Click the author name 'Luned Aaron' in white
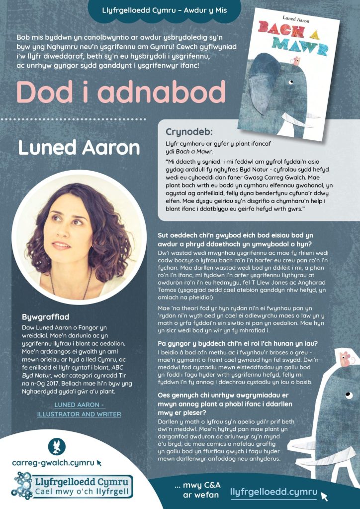click(x=79, y=147)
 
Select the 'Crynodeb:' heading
click(x=189, y=132)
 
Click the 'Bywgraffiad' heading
click(x=45, y=316)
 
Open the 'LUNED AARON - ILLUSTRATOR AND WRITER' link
click(x=79, y=409)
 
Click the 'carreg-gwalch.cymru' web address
click(x=53, y=462)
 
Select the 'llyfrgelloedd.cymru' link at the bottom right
click(x=274, y=492)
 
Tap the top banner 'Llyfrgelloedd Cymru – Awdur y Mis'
click(x=164, y=8)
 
